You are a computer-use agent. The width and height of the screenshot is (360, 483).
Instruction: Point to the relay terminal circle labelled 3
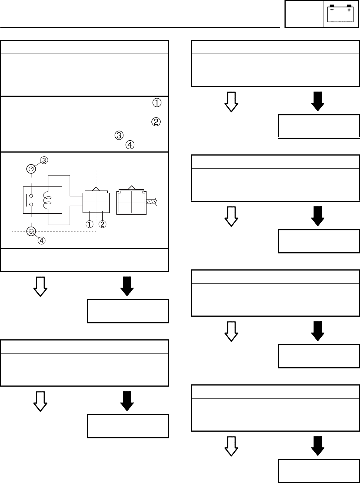(32, 169)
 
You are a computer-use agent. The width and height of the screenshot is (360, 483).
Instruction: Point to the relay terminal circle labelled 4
(32, 232)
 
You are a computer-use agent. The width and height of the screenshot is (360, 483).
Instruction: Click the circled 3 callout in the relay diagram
(44, 160)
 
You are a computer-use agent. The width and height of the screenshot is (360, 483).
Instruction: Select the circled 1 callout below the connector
(89, 224)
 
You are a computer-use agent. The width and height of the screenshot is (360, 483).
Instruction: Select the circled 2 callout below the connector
(102, 224)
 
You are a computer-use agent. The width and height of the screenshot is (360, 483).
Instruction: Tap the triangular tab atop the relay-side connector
(96, 188)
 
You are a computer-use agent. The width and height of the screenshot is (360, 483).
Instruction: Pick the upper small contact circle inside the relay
(32, 196)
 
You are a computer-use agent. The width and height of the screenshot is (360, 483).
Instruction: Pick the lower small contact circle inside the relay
(32, 204)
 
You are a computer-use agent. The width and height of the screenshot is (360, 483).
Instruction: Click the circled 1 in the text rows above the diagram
(157, 103)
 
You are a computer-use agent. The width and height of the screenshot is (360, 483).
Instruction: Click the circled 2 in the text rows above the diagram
(156, 122)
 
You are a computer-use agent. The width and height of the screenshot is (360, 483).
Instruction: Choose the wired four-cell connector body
(131, 202)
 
